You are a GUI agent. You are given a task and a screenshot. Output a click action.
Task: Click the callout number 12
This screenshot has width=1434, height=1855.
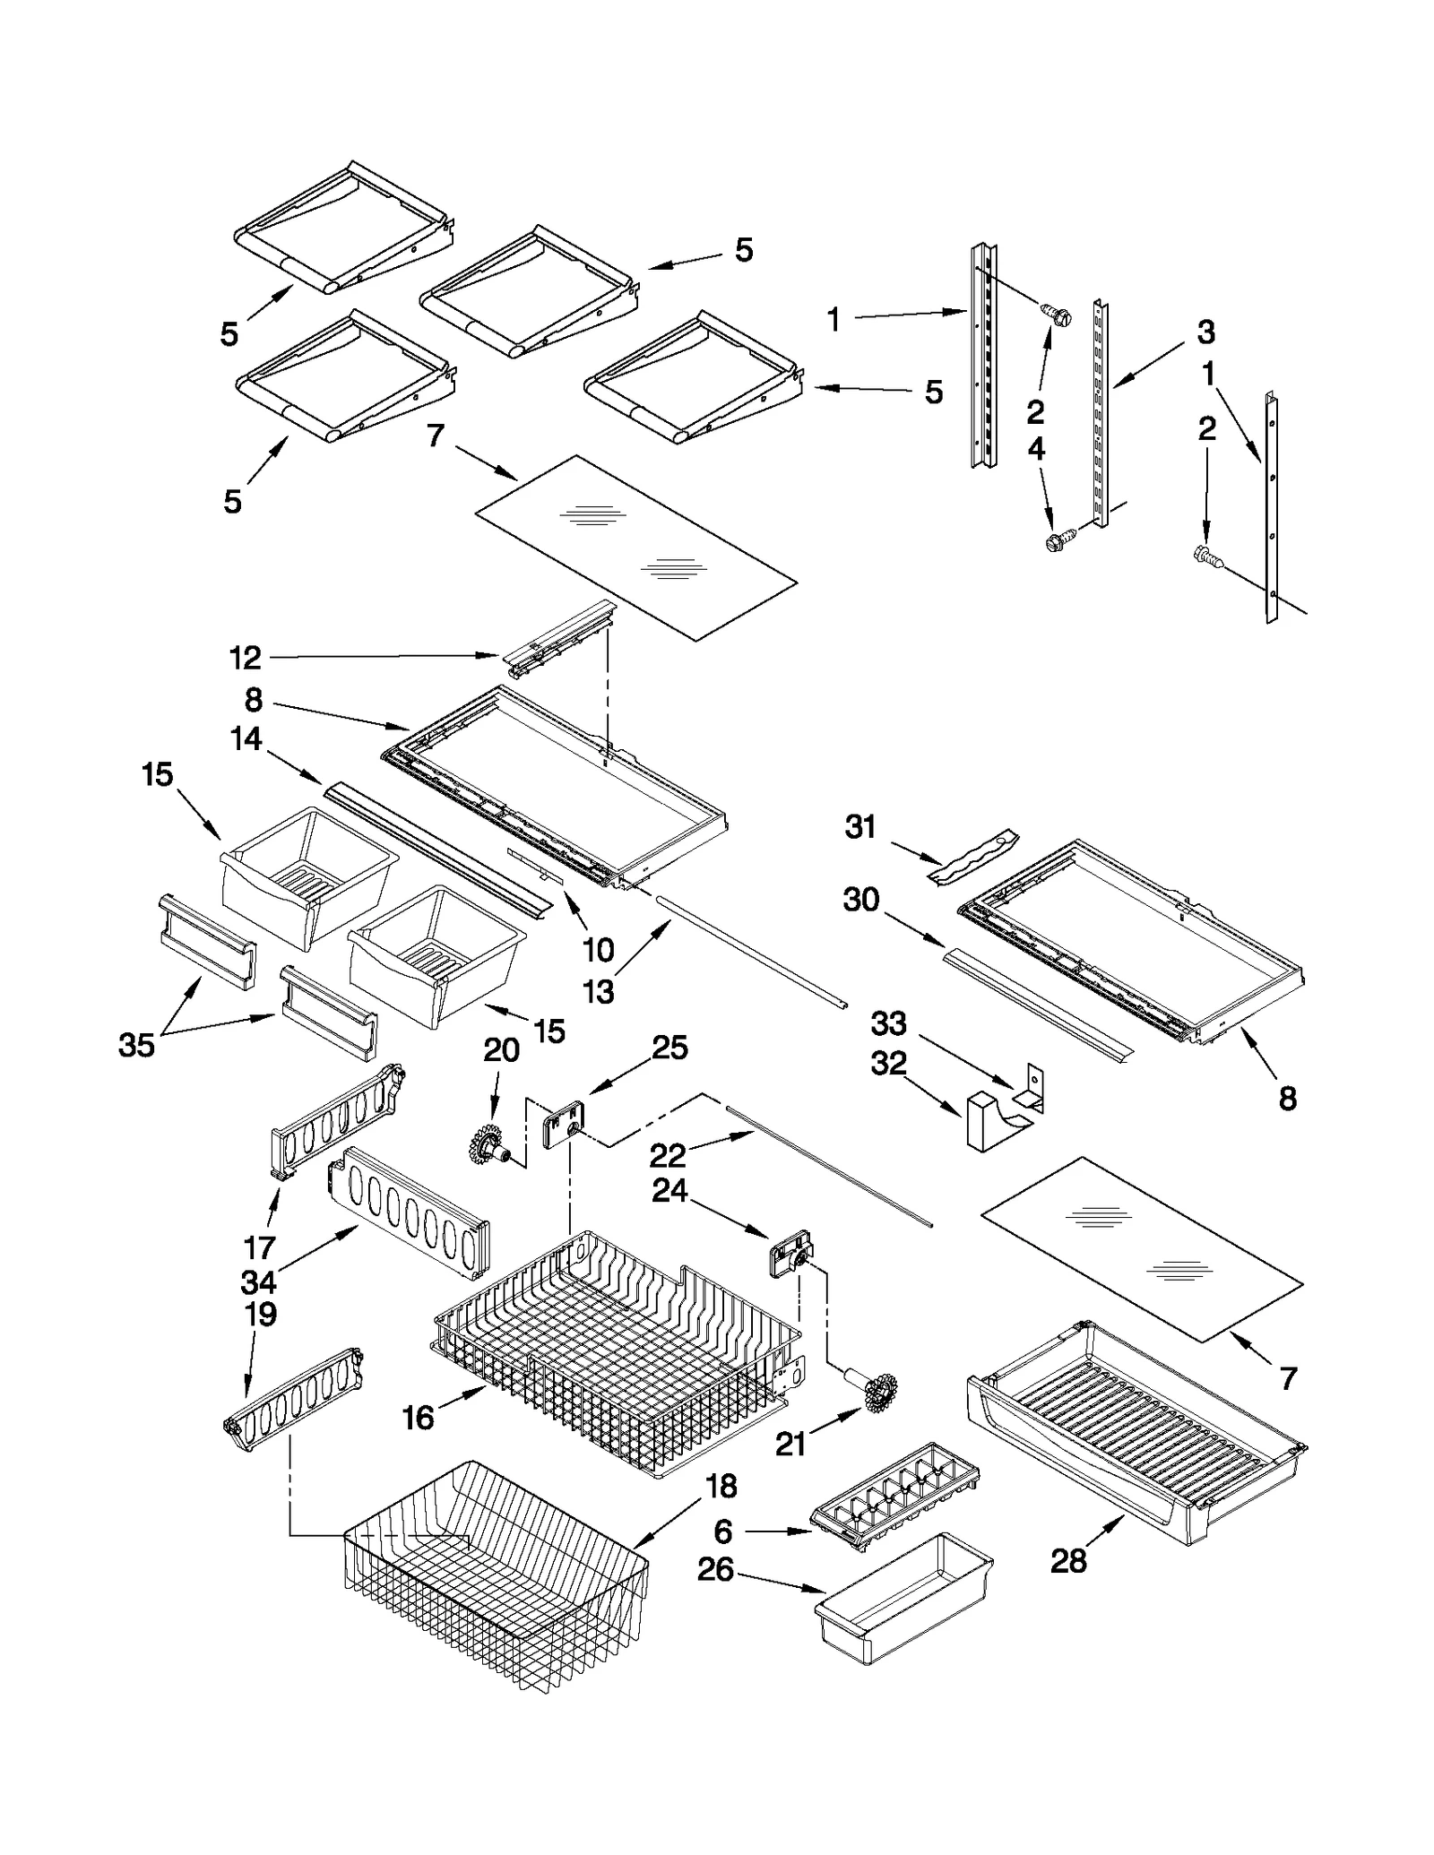click(x=245, y=659)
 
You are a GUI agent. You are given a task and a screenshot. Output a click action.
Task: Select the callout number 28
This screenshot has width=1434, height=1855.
click(x=1068, y=1561)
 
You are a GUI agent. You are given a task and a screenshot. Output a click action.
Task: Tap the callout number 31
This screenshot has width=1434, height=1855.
click(x=860, y=826)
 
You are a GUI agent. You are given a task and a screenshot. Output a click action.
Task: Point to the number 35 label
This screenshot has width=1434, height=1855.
click(x=136, y=1045)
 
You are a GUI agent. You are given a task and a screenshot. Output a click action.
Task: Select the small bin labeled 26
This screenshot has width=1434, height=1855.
click(x=903, y=1600)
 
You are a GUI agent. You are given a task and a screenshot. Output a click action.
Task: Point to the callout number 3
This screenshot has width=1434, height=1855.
click(x=1206, y=332)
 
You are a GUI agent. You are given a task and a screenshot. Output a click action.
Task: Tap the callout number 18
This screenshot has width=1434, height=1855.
click(x=721, y=1487)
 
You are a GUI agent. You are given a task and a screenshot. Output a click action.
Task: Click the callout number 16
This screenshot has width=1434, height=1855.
click(x=419, y=1419)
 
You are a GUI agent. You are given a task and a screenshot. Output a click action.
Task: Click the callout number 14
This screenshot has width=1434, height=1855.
click(x=246, y=739)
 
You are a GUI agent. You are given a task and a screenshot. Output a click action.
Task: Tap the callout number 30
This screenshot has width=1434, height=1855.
click(x=860, y=900)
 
